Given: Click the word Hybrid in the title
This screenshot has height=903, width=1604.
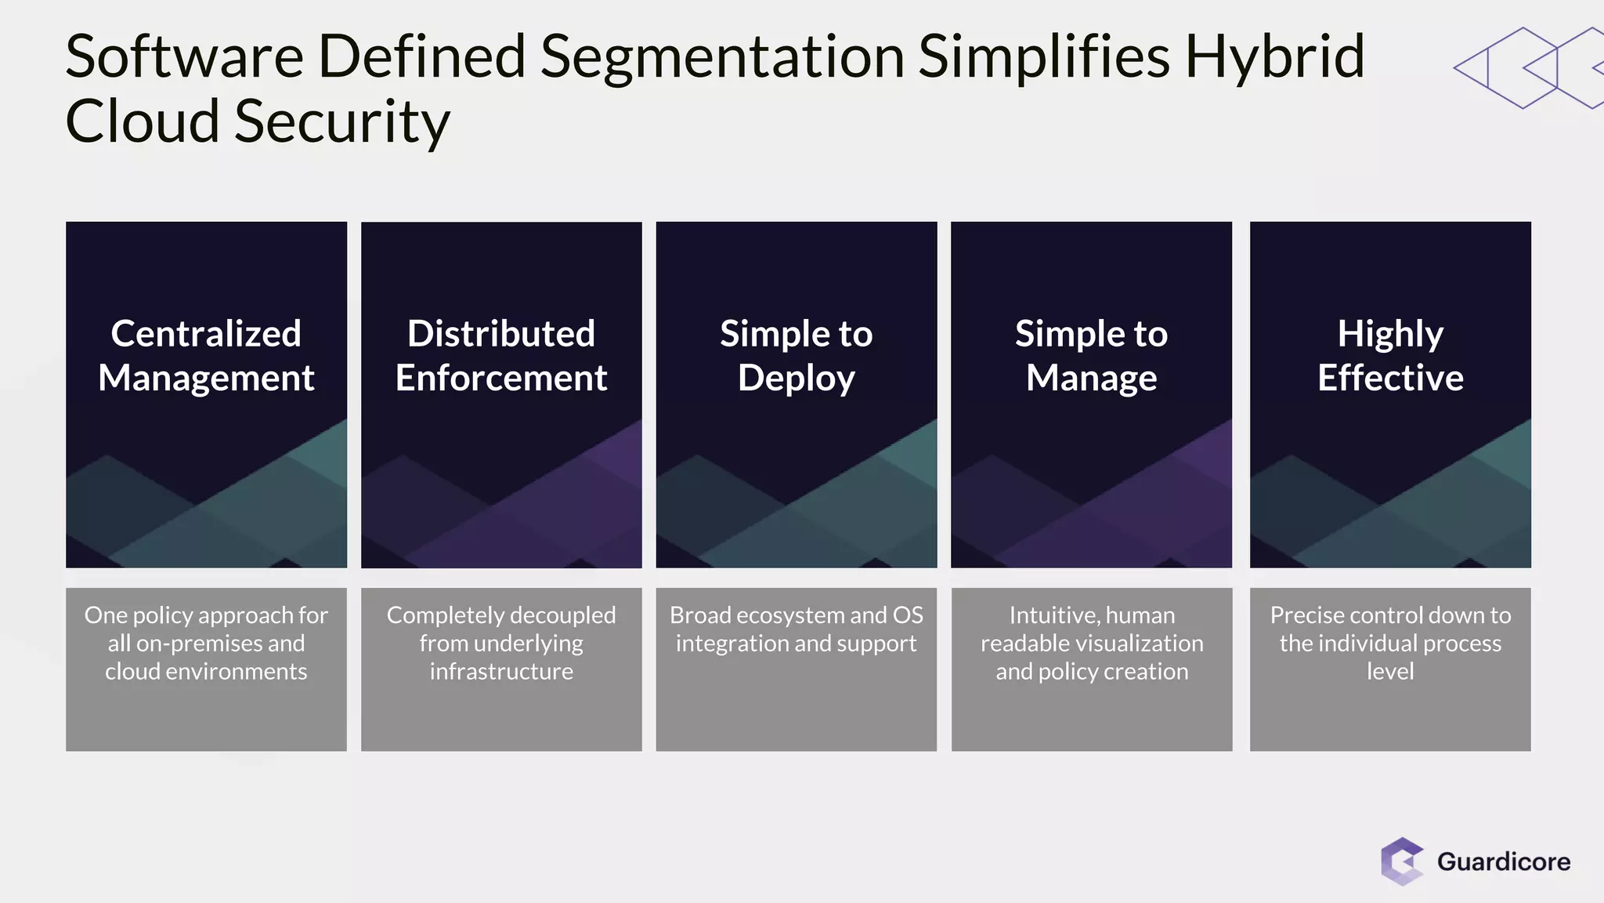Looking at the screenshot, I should coord(1274,58).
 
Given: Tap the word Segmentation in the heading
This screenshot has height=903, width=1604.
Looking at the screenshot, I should coord(722,58).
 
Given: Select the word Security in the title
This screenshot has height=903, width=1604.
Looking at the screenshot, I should coord(342,122).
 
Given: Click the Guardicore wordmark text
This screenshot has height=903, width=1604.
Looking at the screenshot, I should coord(1503,861).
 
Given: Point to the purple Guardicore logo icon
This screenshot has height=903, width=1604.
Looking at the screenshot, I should coord(1401,861).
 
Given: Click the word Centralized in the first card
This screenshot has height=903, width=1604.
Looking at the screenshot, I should coord(206,334).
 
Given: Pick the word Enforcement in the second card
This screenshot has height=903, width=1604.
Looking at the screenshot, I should coord(501,378).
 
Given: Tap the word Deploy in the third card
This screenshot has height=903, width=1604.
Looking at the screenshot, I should coord(796,379).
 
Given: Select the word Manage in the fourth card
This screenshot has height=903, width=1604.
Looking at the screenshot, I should coord(1091,379).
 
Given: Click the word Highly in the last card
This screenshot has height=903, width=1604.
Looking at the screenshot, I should coord(1390,335).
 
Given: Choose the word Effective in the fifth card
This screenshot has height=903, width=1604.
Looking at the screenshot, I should coord(1390,378).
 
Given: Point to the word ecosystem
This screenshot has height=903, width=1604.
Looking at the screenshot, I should coord(791,615).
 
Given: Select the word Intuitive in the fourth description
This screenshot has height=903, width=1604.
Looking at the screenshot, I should coord(1052,615).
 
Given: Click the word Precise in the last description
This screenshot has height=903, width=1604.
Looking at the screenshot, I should coord(1306,615).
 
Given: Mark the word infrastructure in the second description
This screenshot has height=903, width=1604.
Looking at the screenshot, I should coord(501,672).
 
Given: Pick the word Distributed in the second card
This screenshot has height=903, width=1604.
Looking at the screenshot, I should coord(501,334).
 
